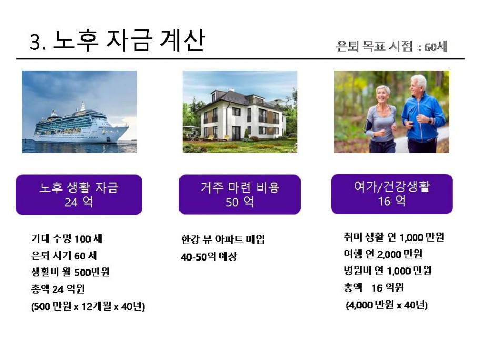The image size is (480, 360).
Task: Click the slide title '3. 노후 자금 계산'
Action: click(117, 41)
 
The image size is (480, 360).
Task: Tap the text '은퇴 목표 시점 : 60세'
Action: click(392, 46)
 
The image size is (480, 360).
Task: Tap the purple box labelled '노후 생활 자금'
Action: click(79, 195)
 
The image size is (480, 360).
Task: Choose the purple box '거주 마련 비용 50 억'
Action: click(239, 195)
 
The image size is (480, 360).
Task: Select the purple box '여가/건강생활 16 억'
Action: click(392, 194)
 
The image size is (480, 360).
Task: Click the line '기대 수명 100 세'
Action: click(66, 239)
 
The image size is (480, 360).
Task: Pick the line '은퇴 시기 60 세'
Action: click(64, 256)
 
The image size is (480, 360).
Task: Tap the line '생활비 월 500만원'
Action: click(71, 272)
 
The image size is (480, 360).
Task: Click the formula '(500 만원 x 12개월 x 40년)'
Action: click(88, 306)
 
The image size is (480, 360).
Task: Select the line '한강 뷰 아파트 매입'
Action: click(223, 239)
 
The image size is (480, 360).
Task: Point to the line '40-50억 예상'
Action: click(209, 256)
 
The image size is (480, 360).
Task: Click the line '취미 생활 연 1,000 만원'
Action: click(394, 237)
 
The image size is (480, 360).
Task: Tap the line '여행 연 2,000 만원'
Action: click(383, 254)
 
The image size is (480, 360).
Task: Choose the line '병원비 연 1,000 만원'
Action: click(387, 271)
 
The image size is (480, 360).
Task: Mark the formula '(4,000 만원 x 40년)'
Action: click(387, 305)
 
